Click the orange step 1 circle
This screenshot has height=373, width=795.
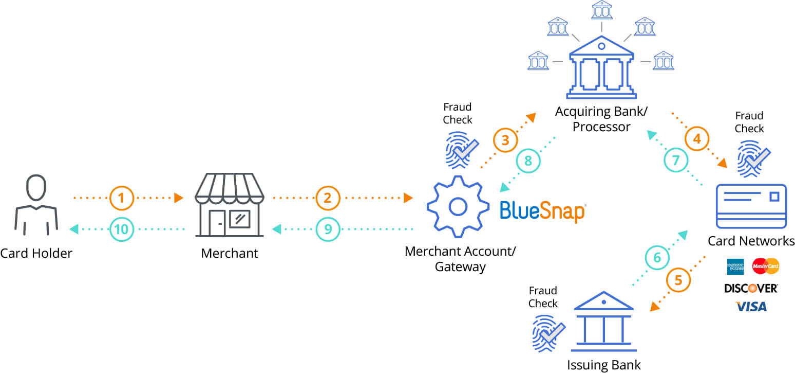[121, 198]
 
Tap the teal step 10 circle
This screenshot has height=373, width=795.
[121, 229]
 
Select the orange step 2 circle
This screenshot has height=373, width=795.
[328, 198]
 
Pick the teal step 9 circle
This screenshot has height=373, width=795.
[328, 229]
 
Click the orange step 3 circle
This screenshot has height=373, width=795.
[505, 140]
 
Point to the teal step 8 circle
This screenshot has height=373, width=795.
[528, 161]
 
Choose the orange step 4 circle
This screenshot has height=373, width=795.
[696, 138]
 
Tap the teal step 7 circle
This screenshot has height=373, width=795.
[676, 160]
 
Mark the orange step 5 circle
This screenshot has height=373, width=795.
[678, 280]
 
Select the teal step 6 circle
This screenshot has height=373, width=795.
[657, 257]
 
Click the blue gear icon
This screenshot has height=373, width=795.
[457, 207]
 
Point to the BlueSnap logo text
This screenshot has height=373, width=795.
[543, 211]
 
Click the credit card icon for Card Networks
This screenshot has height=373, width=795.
[751, 206]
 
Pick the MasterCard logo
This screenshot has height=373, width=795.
[765, 266]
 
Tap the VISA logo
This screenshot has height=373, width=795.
[751, 307]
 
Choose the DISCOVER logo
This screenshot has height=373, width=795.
[751, 288]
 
